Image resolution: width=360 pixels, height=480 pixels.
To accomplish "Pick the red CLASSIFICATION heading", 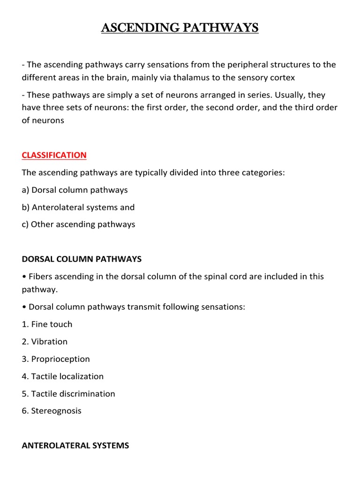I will (54, 155).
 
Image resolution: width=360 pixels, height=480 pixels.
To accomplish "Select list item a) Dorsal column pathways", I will (75, 190).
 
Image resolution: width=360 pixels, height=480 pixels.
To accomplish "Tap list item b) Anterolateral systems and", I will (78, 207).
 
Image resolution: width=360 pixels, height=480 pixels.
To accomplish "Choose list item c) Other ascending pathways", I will (78, 225).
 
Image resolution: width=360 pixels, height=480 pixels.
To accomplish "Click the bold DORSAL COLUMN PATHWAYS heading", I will (82, 259).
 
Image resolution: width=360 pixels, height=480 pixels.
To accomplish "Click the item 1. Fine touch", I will (47, 324).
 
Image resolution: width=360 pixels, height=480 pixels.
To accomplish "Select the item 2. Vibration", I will (45, 342).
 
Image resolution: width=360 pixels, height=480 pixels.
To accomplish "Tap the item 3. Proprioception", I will (56, 359).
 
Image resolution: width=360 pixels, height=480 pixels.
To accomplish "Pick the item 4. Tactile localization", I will (63, 376).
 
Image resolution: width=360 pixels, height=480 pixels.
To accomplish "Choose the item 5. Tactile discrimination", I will (68, 394).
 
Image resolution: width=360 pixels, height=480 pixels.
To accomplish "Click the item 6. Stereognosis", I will (52, 411).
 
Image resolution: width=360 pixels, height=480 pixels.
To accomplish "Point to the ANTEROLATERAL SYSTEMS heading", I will (75, 446).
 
